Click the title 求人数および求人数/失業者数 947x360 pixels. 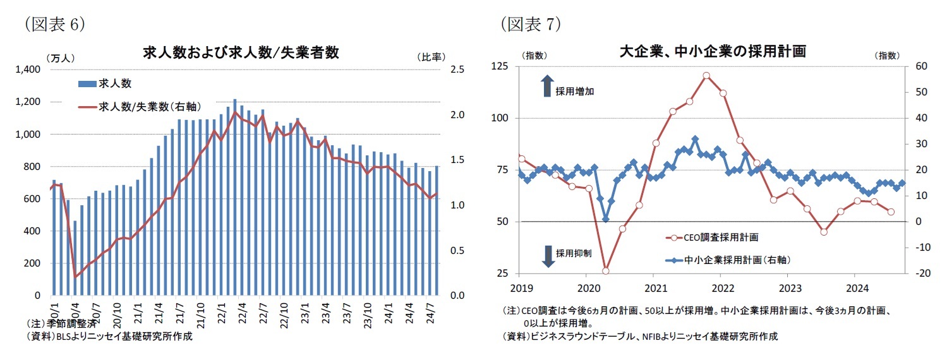point(241,53)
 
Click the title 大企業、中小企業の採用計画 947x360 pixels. point(713,52)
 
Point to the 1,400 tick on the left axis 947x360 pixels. point(28,69)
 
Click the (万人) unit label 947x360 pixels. point(60,57)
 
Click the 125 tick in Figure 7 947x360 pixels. point(500,66)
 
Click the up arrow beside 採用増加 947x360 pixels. point(547,86)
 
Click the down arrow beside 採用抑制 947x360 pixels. point(547,255)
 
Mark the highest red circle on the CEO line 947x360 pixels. point(706,75)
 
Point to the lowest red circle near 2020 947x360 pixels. point(605,271)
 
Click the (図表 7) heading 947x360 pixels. point(531,25)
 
